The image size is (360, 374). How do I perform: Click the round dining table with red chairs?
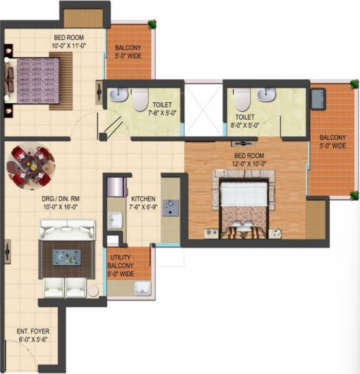click(29, 165)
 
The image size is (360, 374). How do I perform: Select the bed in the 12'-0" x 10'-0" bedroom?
click(242, 206)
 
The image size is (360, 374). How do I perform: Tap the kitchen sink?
click(116, 219)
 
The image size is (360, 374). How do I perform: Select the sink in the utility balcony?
click(141, 288)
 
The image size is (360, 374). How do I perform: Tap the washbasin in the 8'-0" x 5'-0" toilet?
click(267, 95)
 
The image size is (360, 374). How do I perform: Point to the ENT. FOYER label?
click(34, 330)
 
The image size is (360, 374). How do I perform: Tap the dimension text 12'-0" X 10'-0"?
click(247, 163)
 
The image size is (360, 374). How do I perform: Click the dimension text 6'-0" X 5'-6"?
click(34, 339)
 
